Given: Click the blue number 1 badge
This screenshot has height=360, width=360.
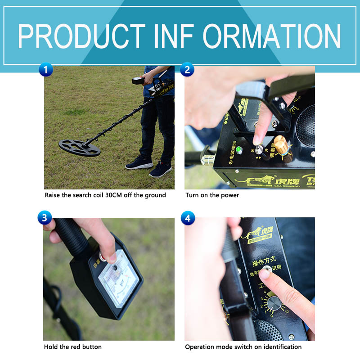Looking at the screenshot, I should pyautogui.click(x=45, y=70).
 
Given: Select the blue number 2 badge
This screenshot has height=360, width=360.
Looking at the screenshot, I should pyautogui.click(x=187, y=70).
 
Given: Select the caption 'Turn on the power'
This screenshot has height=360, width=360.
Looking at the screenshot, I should pyautogui.click(x=212, y=195).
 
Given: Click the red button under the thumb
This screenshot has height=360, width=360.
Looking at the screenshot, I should pyautogui.click(x=103, y=257).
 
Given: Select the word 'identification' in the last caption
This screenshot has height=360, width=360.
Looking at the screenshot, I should pyautogui.click(x=283, y=347).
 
